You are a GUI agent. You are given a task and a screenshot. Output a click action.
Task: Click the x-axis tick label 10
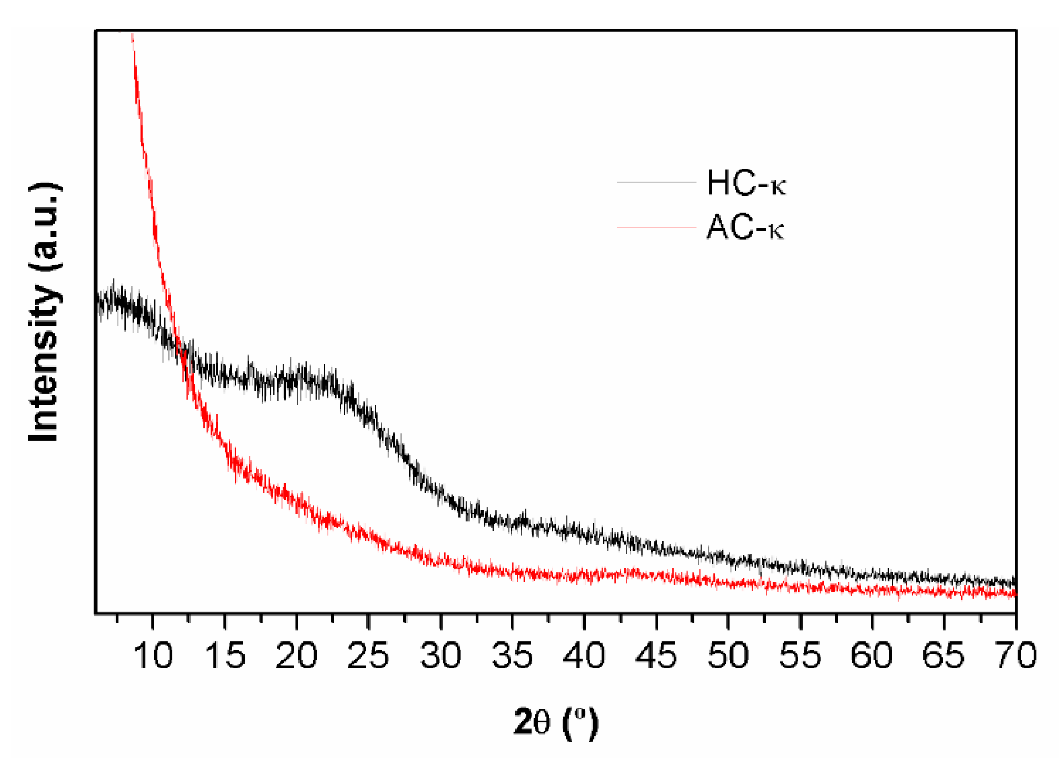pyautogui.click(x=153, y=655)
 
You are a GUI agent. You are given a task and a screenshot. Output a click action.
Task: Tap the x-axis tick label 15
pyautogui.click(x=225, y=655)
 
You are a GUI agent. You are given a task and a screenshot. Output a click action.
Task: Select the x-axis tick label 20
pyautogui.click(x=296, y=655)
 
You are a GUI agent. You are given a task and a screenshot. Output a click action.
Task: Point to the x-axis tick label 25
pyautogui.click(x=368, y=655)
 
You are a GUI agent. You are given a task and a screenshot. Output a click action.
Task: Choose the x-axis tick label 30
pyautogui.click(x=441, y=655)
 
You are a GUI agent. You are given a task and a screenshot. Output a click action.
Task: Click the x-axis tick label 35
pyautogui.click(x=512, y=655)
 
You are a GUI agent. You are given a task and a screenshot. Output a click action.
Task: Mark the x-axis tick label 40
pyautogui.click(x=585, y=655)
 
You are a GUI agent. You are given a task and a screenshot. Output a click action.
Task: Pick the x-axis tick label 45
pyautogui.click(x=657, y=655)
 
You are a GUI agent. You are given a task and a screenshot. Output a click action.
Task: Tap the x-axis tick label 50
pyautogui.click(x=728, y=655)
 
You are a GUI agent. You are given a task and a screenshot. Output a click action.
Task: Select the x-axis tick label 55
pyautogui.click(x=800, y=655)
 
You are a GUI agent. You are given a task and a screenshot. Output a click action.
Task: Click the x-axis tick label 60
pyautogui.click(x=872, y=655)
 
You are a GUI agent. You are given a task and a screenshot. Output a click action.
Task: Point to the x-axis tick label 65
pyautogui.click(x=944, y=655)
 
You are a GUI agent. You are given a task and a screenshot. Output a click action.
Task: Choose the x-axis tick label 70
pyautogui.click(x=1015, y=655)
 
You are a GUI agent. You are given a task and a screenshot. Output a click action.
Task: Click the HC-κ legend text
pyautogui.click(x=746, y=183)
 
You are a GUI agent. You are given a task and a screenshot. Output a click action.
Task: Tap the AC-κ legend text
pyautogui.click(x=745, y=227)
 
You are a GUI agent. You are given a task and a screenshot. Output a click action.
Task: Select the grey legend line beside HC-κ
pyautogui.click(x=656, y=182)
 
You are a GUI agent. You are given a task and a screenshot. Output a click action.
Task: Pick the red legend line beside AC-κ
pyautogui.click(x=656, y=227)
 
